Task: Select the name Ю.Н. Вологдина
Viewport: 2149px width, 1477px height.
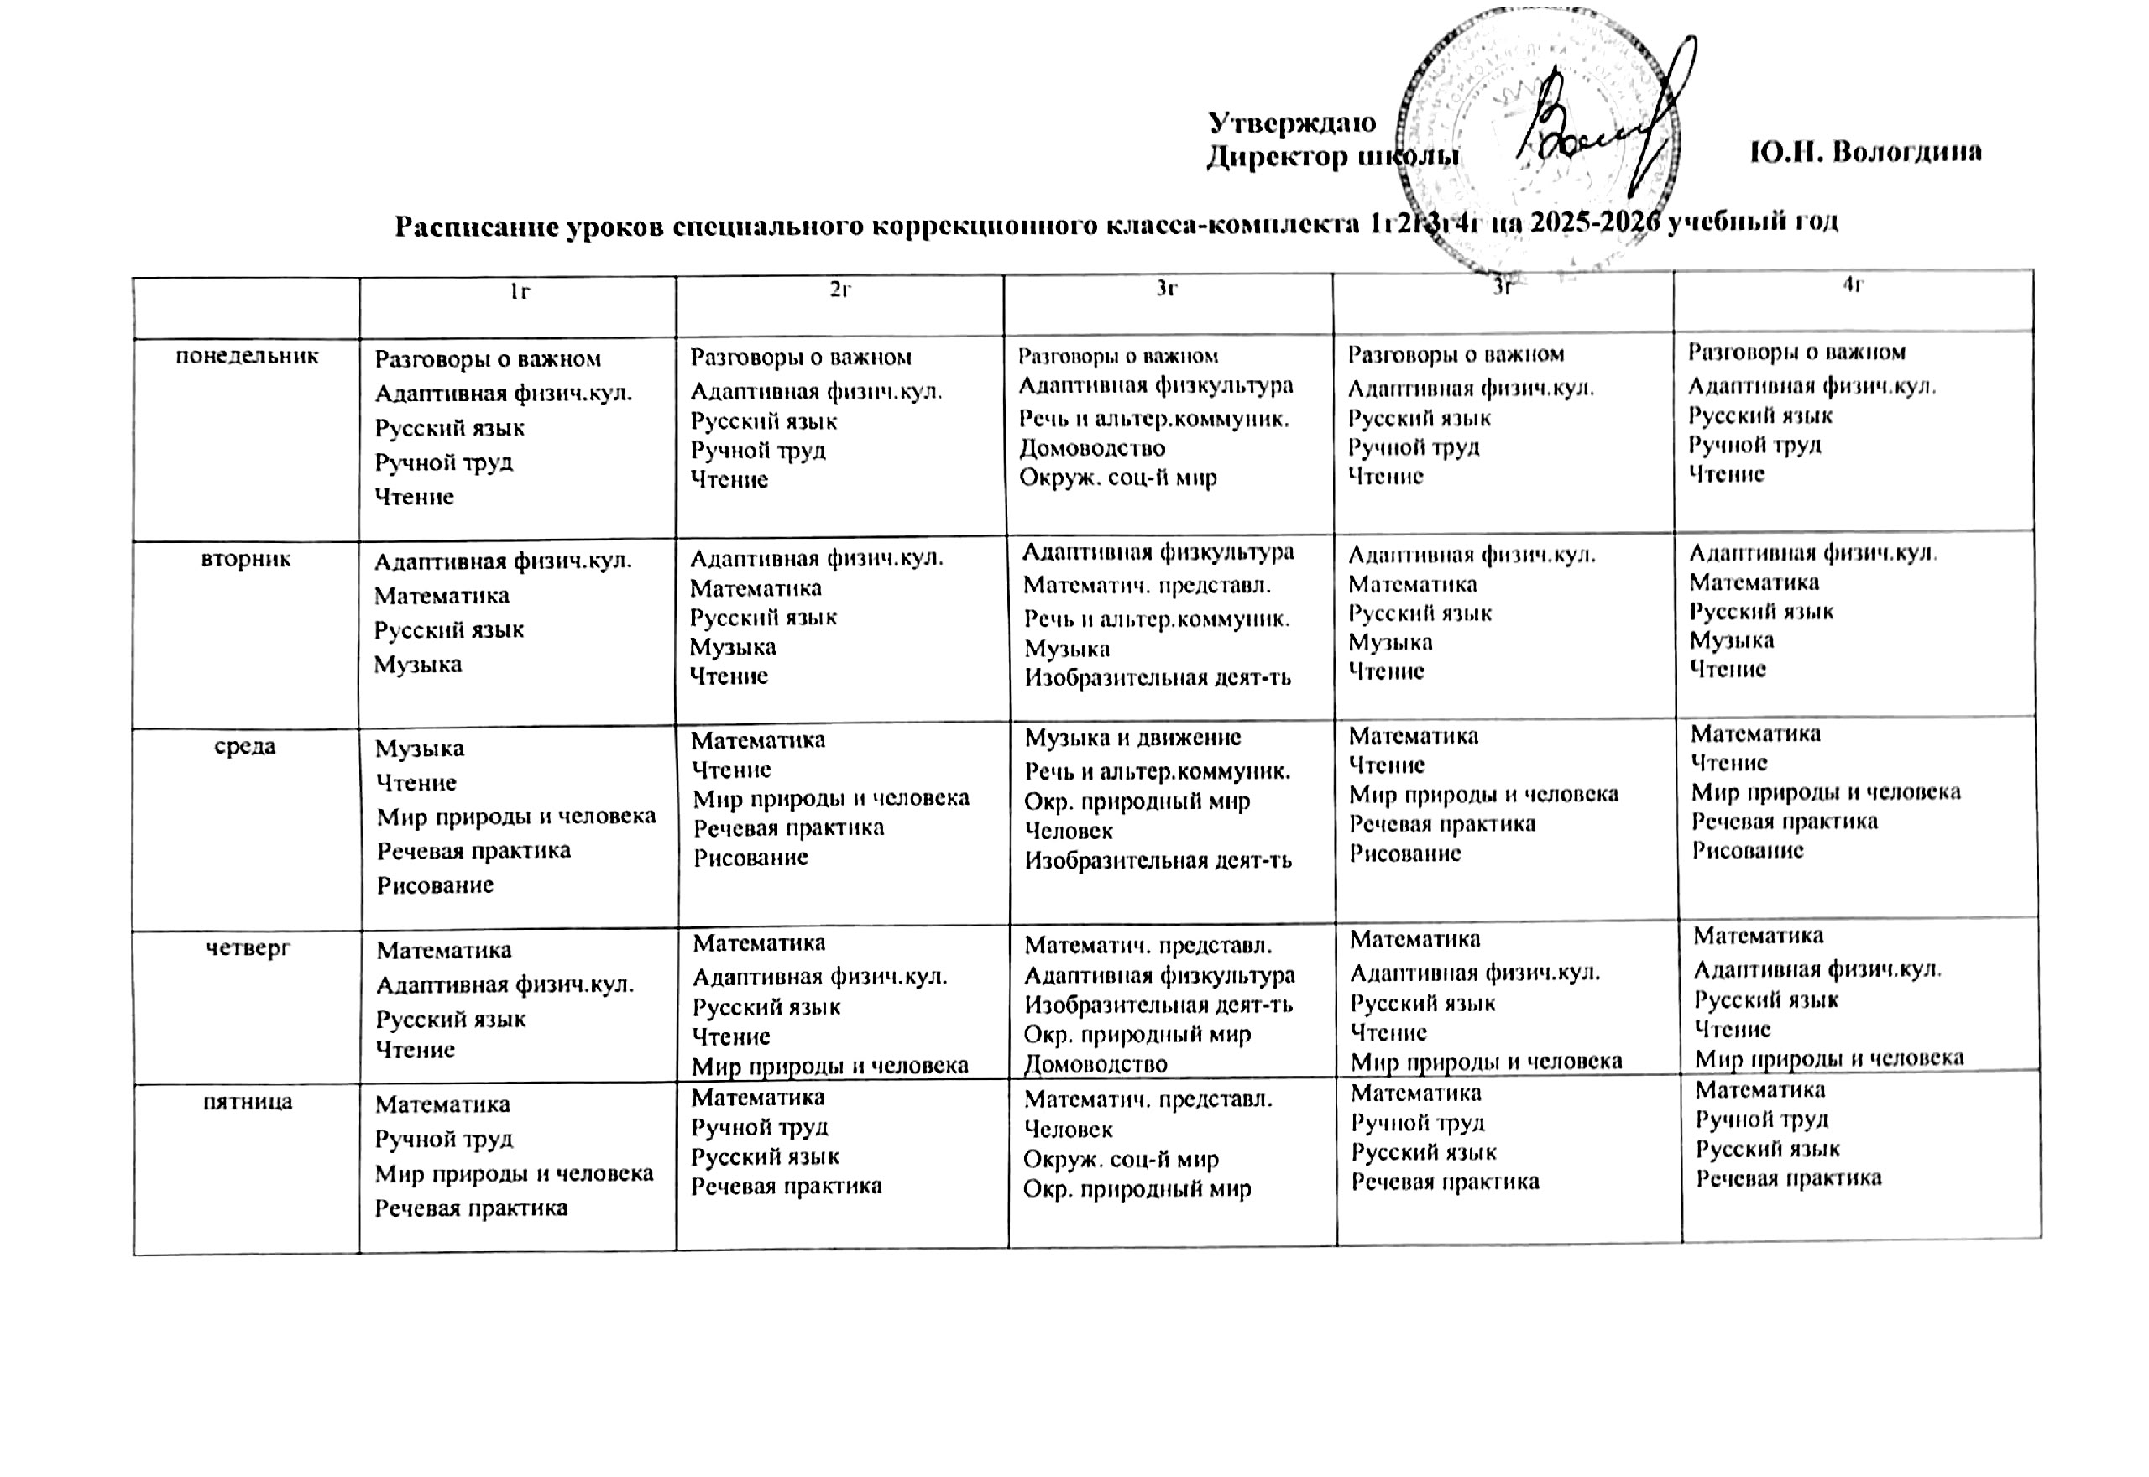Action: point(1865,153)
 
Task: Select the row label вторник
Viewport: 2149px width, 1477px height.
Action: point(246,559)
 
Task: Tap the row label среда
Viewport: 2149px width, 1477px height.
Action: point(245,746)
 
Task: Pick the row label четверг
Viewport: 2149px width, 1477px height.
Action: point(247,947)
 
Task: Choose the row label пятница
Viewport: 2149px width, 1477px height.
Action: point(247,1101)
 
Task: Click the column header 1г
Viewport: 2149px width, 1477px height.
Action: point(520,292)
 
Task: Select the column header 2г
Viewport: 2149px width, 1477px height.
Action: point(840,290)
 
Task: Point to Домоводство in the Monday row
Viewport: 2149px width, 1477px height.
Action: point(1092,449)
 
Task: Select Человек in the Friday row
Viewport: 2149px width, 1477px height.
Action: point(1068,1129)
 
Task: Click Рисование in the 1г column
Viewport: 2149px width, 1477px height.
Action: point(435,885)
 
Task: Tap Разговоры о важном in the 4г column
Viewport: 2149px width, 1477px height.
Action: point(1796,352)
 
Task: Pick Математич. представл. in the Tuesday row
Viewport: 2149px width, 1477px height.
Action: point(1147,586)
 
